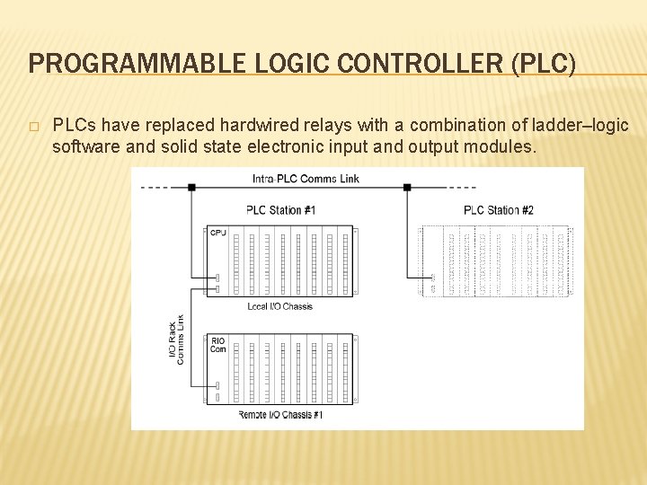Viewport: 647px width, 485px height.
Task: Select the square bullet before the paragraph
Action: (x=33, y=126)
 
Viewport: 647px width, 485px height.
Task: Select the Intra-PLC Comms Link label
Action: (x=306, y=179)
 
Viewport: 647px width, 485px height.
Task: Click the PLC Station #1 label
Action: (x=280, y=210)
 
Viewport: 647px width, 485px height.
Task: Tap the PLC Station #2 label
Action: (x=498, y=210)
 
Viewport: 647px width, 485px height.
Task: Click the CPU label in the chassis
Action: (x=217, y=233)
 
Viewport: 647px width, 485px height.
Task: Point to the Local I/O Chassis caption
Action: (x=279, y=306)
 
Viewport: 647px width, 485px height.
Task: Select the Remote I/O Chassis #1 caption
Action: (x=280, y=415)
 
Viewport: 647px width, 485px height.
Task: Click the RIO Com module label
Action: (x=218, y=345)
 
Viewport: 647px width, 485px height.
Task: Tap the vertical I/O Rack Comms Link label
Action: (x=176, y=339)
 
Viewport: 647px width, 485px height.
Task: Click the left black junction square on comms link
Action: (x=191, y=188)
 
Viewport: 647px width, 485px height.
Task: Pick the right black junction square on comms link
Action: (x=407, y=188)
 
